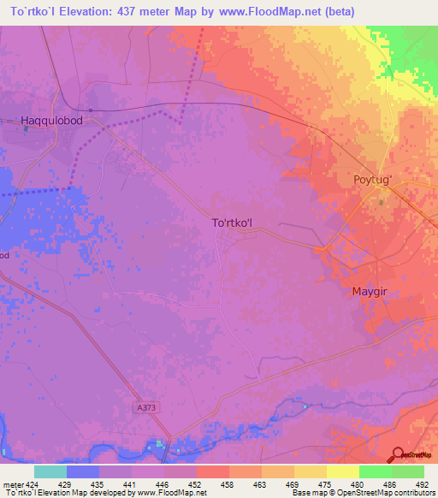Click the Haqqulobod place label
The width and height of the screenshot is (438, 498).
pyautogui.click(x=51, y=122)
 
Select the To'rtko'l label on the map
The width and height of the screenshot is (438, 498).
pyautogui.click(x=233, y=222)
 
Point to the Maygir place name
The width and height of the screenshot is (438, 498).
pyautogui.click(x=371, y=292)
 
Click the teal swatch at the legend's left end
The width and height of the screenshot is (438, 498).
pyautogui.click(x=50, y=471)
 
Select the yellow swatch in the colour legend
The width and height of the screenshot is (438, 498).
pyautogui.click(x=342, y=471)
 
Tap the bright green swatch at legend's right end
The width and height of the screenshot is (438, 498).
pyautogui.click(x=407, y=471)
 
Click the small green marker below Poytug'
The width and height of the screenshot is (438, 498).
pyautogui.click(x=382, y=202)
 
